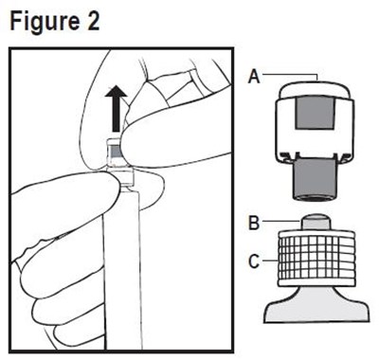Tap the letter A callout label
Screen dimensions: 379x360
tap(254, 77)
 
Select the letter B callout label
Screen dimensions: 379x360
tap(254, 223)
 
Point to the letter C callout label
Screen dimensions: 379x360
tap(254, 261)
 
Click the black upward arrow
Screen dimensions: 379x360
tap(116, 108)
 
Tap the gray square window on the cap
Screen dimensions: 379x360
tap(315, 113)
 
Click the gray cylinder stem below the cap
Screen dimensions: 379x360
tap(315, 180)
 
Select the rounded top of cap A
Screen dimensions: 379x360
tap(315, 89)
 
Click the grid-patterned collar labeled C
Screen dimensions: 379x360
tap(316, 259)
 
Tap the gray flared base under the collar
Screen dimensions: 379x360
tap(316, 304)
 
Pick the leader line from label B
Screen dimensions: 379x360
tap(280, 222)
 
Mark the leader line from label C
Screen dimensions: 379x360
tap(270, 261)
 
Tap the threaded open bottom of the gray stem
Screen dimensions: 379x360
tap(315, 198)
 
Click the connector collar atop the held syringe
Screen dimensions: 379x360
tap(122, 179)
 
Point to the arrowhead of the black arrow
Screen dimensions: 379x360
tap(116, 91)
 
